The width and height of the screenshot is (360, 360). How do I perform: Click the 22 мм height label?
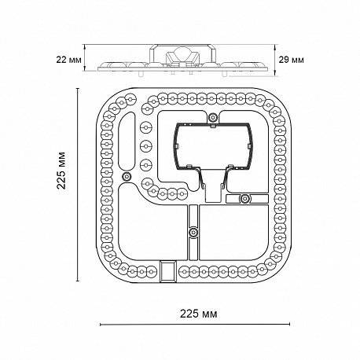tap(68, 60)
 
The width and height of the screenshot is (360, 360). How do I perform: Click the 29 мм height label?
tap(291, 60)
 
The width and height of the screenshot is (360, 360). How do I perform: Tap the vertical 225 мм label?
tap(61, 171)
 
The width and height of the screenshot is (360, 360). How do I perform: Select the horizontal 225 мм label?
tap(198, 314)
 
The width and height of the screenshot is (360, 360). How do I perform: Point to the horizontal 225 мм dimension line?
tap(195, 325)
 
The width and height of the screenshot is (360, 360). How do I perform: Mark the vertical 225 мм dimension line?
tap(78, 185)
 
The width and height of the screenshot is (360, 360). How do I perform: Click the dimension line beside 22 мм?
tap(84, 57)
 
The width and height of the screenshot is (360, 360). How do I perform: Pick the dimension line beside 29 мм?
tap(274, 61)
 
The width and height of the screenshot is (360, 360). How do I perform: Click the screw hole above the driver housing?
tap(212, 117)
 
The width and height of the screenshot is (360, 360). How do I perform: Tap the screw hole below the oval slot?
tap(127, 176)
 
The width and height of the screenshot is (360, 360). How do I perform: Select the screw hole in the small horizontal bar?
tap(245, 199)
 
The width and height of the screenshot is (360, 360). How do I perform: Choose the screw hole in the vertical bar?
tap(193, 232)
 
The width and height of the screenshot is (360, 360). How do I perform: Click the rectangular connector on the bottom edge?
tap(167, 271)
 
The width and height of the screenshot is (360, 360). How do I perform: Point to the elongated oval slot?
tap(127, 141)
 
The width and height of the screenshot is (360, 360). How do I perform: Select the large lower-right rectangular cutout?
tap(234, 233)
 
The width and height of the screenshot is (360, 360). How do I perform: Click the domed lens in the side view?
tap(180, 52)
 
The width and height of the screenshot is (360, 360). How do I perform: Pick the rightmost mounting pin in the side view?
tap(224, 74)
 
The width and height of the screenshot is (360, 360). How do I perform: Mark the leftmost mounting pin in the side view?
tap(141, 74)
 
